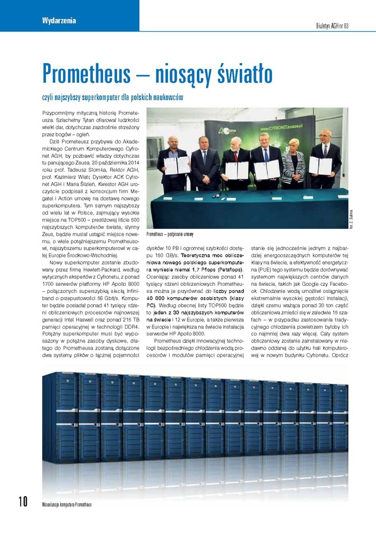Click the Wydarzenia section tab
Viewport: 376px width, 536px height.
click(x=59, y=21)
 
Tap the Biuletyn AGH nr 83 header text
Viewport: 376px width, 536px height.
click(x=340, y=25)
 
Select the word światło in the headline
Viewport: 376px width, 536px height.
click(x=239, y=74)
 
